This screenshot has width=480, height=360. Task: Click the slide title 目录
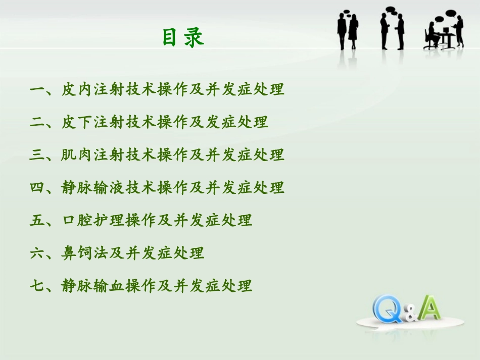[x=183, y=38]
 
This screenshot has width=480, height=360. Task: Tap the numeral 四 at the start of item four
[x=37, y=188]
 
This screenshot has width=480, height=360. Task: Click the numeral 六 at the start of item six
[x=37, y=253]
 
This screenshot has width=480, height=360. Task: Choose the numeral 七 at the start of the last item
[x=37, y=286]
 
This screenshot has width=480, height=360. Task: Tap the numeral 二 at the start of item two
[x=37, y=122]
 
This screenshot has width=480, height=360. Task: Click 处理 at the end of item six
[x=188, y=253]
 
